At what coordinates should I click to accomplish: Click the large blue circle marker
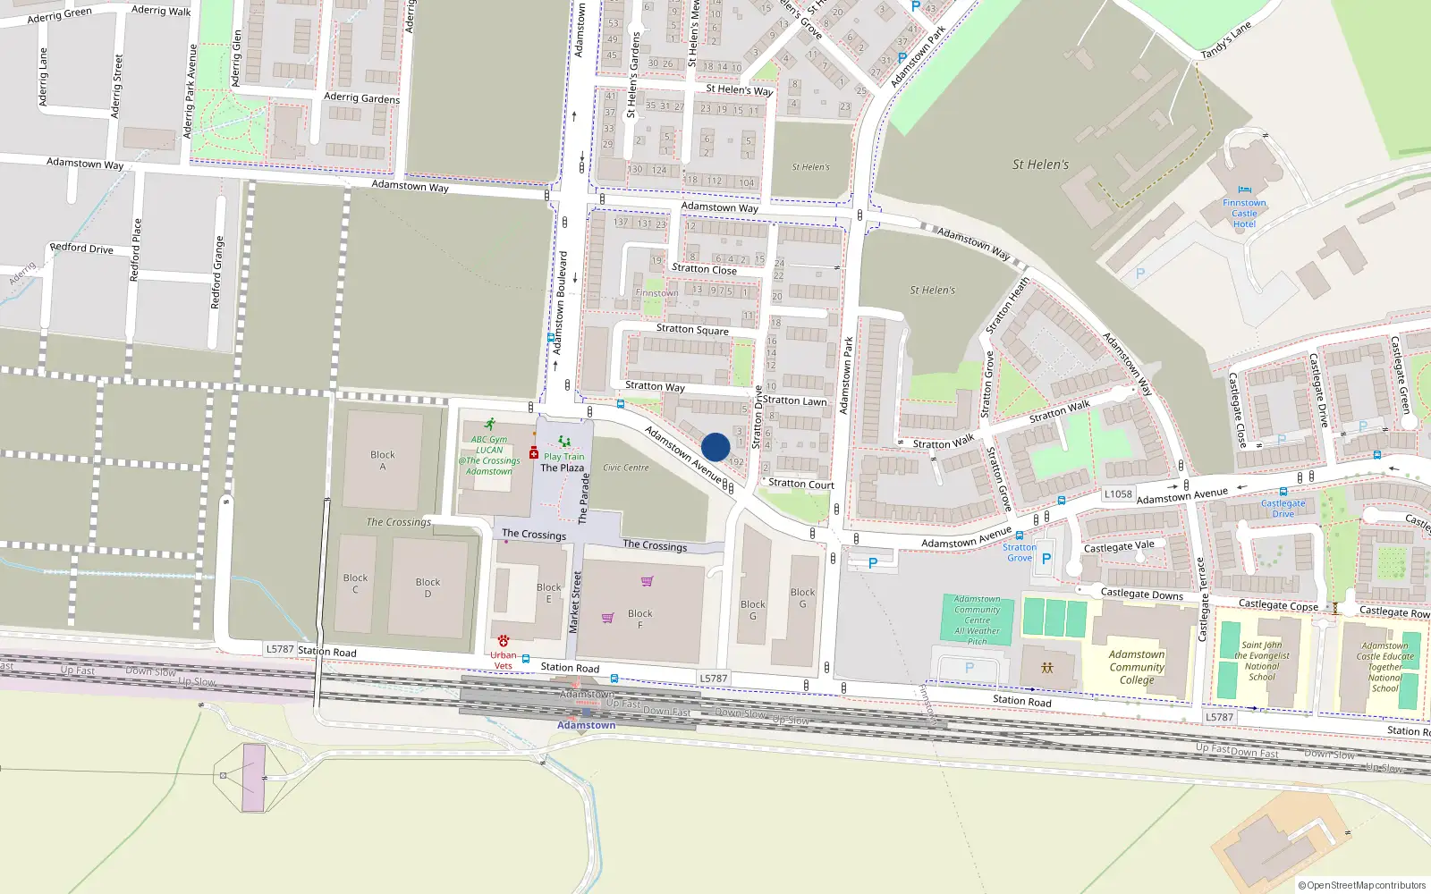[x=715, y=447]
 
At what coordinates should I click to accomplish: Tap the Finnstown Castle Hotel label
[x=1244, y=214]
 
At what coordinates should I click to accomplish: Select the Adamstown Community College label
[x=1137, y=667]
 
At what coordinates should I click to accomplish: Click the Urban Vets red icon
[x=504, y=641]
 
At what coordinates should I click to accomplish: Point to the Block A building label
[x=383, y=460]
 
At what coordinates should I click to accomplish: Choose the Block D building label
[x=428, y=587]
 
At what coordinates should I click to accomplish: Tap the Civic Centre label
[x=626, y=468]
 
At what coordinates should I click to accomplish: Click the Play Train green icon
[x=564, y=442]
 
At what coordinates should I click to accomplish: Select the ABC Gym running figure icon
[x=489, y=424]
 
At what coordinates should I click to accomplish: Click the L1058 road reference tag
[x=1118, y=493]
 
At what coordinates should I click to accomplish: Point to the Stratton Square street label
[x=692, y=330]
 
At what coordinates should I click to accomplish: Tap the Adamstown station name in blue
[x=586, y=725]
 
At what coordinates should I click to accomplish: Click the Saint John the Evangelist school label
[x=1262, y=661]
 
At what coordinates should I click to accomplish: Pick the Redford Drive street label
[x=81, y=248]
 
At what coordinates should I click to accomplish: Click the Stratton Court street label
[x=801, y=484]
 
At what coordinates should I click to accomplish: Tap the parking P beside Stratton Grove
[x=1046, y=559]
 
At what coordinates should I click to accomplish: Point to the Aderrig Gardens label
[x=361, y=97]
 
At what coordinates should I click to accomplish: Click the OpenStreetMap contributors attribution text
[x=1362, y=885]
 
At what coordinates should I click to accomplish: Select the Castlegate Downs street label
[x=1142, y=594]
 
